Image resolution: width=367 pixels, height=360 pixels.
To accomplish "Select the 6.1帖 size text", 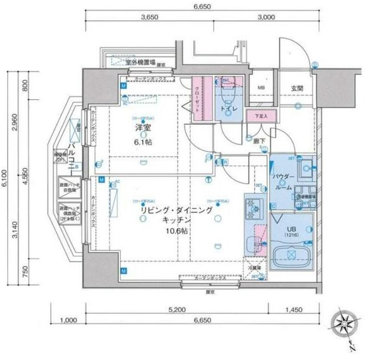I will pyautogui.click(x=141, y=143).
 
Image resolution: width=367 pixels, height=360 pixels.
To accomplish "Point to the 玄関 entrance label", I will pyautogui.click(x=297, y=88).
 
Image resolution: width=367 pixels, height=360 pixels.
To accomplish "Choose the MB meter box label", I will pyautogui.click(x=261, y=88).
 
